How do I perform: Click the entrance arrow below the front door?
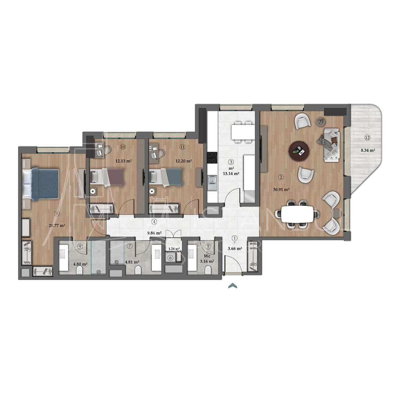pyautogui.click(x=232, y=286)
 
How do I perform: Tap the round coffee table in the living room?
pyautogui.click(x=299, y=150)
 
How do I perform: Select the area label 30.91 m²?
pyautogui.click(x=281, y=190)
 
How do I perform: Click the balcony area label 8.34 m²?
pyautogui.click(x=367, y=150)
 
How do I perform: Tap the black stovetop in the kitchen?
pyautogui.click(x=211, y=157)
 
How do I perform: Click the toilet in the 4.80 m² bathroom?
pyautogui.click(x=79, y=271)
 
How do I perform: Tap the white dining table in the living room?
pyautogui.click(x=298, y=213)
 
